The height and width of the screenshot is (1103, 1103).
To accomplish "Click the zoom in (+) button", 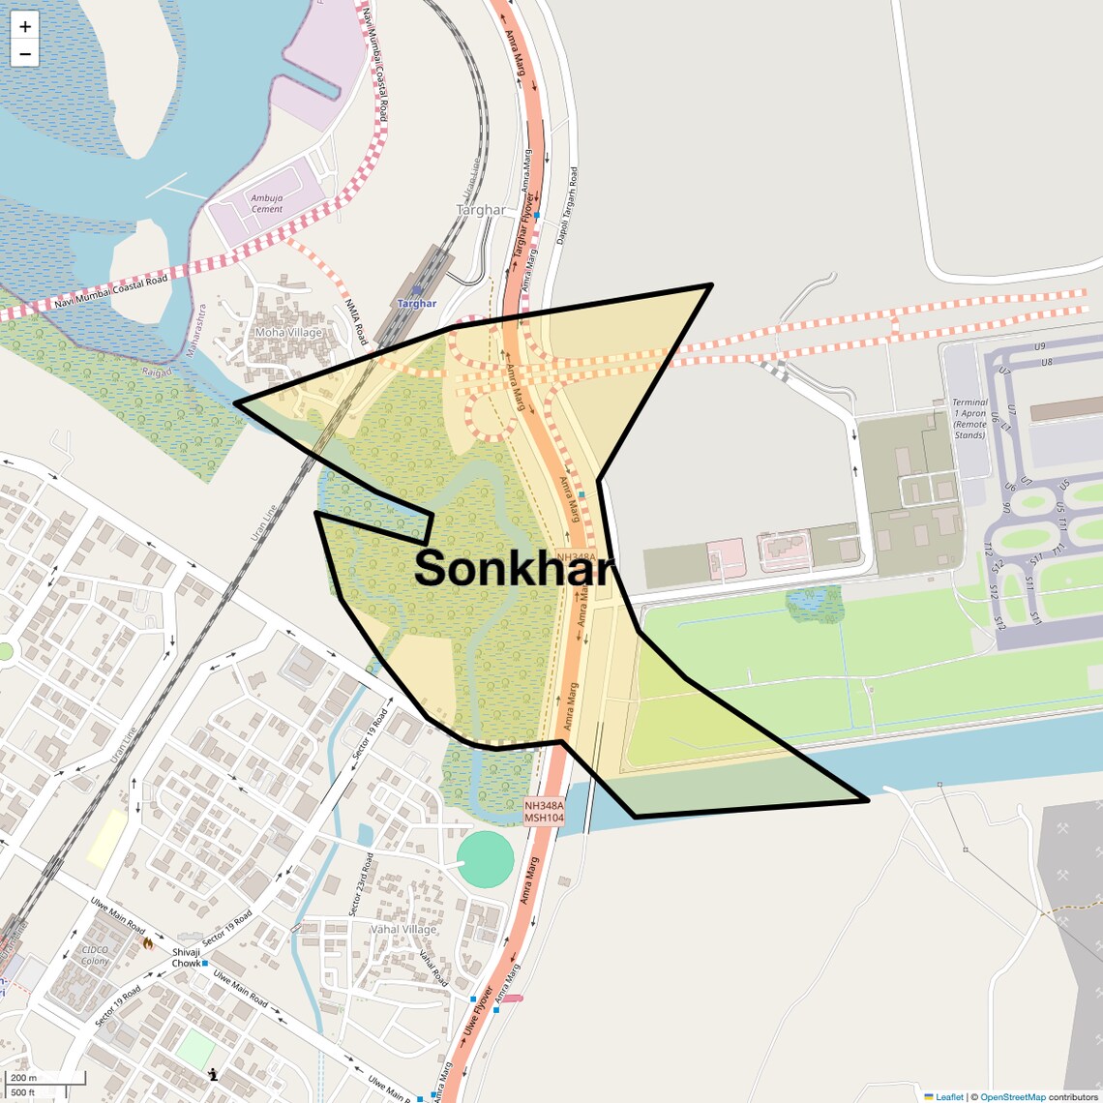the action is point(25,26).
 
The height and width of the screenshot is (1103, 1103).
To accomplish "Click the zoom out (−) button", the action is point(25,54).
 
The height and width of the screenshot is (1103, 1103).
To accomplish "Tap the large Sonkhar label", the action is point(514,568).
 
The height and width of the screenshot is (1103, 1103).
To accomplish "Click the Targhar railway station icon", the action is point(416,289).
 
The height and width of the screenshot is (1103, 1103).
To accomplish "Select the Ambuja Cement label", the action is point(267,203).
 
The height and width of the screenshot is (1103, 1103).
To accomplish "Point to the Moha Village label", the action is point(287,333).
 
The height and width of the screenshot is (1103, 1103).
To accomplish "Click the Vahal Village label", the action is point(403,930).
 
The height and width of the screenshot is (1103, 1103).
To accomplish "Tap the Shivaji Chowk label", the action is point(187,958).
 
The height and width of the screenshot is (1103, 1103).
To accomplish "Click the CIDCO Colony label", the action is point(96,955).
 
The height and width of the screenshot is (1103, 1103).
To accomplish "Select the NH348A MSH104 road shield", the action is point(544,811).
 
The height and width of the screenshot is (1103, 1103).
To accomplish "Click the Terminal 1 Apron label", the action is point(969,418).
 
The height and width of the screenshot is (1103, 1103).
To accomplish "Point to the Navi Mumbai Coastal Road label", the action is point(110,291).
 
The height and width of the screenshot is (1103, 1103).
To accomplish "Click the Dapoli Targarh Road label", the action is point(566,205).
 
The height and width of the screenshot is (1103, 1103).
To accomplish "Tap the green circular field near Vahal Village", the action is point(485,859).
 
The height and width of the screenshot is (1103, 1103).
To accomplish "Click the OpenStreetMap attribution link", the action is point(1012,1096).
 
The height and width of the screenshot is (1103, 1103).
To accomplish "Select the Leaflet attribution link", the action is point(948,1096).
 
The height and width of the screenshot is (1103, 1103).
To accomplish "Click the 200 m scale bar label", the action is point(24,1078).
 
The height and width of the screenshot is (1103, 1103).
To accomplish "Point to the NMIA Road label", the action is point(356,321).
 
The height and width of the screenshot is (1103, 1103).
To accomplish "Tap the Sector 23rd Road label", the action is point(360,884).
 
